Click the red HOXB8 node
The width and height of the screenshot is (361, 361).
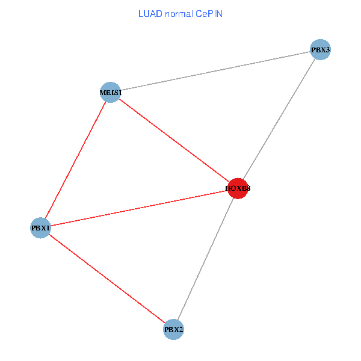[x=238, y=188]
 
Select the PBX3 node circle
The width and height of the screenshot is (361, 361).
[x=321, y=50]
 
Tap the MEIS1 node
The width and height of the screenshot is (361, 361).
[x=111, y=92]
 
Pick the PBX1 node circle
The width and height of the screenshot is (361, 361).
[x=40, y=228]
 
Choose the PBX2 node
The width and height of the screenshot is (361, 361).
[x=173, y=330]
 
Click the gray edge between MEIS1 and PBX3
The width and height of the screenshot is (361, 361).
[x=215, y=71]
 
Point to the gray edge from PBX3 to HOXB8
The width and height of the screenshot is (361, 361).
[x=279, y=119]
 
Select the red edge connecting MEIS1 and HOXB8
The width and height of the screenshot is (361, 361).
[x=174, y=140]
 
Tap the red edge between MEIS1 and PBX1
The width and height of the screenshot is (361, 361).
[x=76, y=160]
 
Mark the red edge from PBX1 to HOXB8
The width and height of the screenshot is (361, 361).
[x=140, y=208]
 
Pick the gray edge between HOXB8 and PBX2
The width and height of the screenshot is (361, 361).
[x=206, y=259]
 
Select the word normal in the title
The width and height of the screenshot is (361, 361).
[x=179, y=14]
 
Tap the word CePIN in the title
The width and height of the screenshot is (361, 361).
[x=209, y=14]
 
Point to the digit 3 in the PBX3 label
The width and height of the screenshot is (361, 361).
[x=327, y=50]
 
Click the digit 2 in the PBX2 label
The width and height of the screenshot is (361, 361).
[x=180, y=330]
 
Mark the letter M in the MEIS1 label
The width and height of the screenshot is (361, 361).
[x=103, y=93]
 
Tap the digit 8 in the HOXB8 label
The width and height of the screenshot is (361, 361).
[x=248, y=188]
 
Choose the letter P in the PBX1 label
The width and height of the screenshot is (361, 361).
[x=34, y=228]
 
